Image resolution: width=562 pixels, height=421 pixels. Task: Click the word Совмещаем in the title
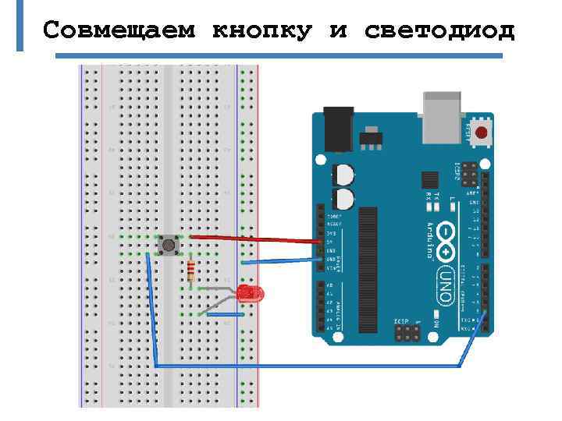tap(120, 30)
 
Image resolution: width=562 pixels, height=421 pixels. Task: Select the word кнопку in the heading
tap(261, 30)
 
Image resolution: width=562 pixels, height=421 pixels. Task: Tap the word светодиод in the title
tap(439, 30)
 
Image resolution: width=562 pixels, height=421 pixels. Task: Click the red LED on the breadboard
tap(251, 294)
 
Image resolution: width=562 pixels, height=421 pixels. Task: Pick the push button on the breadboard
tap(168, 246)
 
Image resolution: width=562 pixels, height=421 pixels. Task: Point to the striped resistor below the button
tap(191, 271)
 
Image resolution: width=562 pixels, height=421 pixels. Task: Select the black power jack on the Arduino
tap(338, 128)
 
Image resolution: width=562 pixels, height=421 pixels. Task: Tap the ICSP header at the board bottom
tap(405, 333)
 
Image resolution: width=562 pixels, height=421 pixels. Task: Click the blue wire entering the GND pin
tap(281, 260)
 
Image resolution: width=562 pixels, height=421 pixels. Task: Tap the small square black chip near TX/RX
tap(427, 180)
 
